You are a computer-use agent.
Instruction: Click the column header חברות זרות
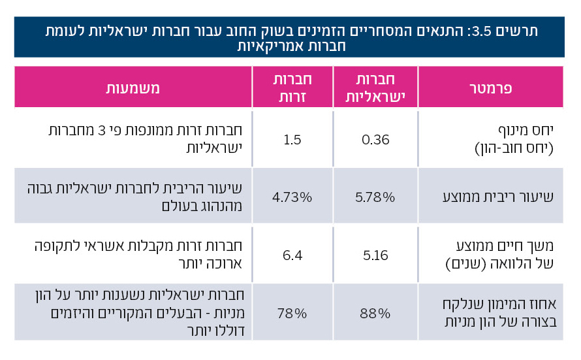(x=291, y=88)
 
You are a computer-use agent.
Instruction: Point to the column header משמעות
(x=133, y=88)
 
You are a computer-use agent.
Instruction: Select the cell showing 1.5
(x=291, y=139)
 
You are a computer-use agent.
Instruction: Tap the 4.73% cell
(x=291, y=195)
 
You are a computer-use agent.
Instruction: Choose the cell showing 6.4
(x=291, y=254)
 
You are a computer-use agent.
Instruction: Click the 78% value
(x=291, y=312)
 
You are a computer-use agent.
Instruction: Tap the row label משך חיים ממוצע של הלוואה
(x=502, y=254)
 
